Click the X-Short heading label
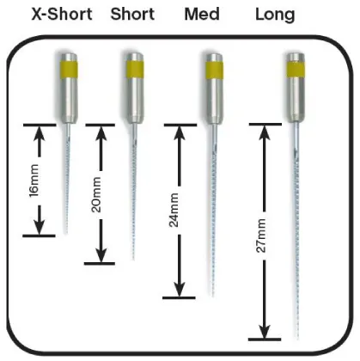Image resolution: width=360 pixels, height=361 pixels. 62,14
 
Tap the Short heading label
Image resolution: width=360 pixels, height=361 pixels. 132,14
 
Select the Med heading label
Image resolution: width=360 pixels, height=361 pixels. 202,14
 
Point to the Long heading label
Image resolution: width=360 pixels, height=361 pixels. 275,15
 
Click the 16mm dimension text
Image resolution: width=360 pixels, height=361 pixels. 34,180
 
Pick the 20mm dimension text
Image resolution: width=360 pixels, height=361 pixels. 96,195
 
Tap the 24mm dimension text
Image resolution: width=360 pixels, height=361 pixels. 174,210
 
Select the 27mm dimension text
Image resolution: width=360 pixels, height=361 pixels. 260,236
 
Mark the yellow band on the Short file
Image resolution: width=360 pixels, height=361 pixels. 135,70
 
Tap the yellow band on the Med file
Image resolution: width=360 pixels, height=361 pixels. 215,70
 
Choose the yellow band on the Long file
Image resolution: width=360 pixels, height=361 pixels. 296,69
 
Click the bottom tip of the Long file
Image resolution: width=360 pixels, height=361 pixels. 297,340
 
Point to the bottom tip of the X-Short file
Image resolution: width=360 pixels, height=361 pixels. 66,234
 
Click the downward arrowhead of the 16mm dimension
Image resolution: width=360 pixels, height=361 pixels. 40,227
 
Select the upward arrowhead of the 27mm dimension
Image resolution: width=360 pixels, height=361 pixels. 265,133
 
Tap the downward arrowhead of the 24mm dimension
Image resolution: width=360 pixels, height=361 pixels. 180,290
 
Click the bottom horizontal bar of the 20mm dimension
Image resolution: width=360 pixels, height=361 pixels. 100,264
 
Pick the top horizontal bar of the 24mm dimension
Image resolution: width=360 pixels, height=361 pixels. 180,125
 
